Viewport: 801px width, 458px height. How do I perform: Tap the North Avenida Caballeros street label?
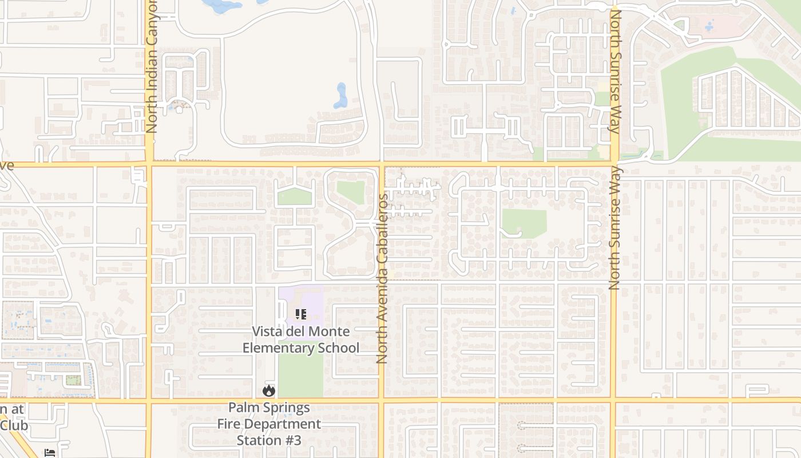382,278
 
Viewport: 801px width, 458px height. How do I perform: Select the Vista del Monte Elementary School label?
301,339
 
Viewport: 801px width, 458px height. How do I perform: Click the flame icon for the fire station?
268,391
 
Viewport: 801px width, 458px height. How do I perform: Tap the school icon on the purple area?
301,314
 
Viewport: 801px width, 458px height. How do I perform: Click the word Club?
14,425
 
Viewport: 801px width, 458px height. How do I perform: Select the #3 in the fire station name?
290,440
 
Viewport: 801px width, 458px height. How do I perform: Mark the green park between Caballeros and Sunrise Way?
524,223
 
